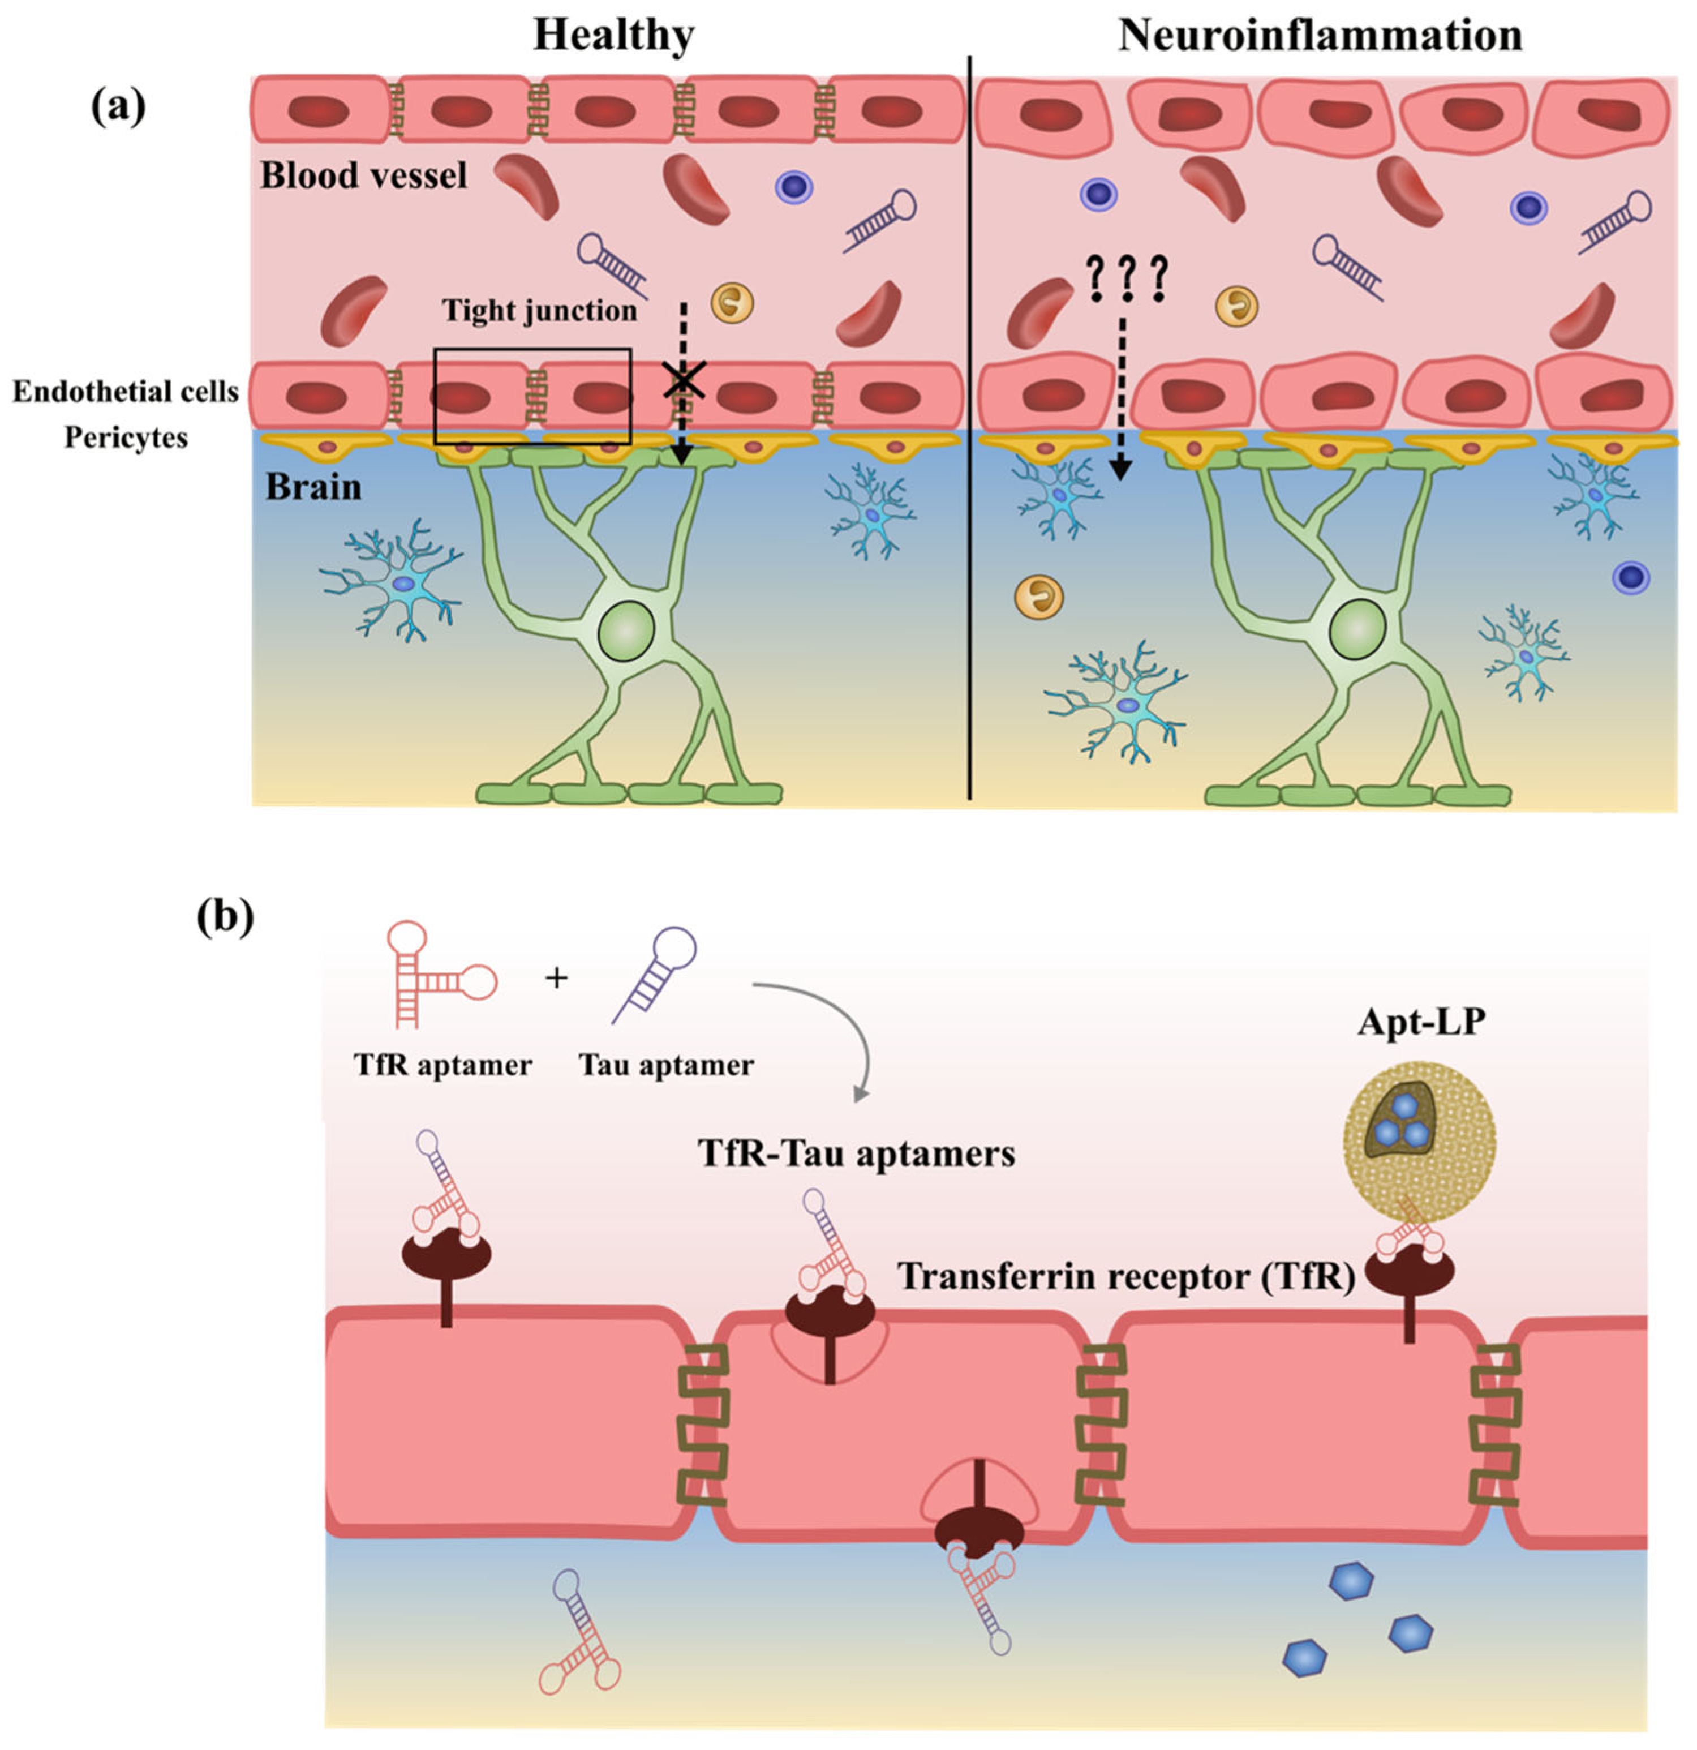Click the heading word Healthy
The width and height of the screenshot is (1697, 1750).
(x=613, y=36)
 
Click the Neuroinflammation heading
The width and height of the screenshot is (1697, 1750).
(x=1320, y=36)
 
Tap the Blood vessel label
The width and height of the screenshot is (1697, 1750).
(x=363, y=175)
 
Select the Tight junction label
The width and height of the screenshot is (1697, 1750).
(x=540, y=311)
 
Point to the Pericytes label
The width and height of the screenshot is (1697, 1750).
(x=126, y=437)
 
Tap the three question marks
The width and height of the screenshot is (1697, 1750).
(x=1127, y=277)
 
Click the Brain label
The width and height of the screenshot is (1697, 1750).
(x=313, y=487)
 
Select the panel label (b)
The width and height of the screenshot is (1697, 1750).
(x=225, y=917)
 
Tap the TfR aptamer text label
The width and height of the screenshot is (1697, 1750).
(x=442, y=1065)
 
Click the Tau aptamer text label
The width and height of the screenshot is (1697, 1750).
(x=666, y=1065)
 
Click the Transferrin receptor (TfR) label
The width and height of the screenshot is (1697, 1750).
(x=1127, y=1277)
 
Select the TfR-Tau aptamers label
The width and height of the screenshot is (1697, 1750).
(x=856, y=1153)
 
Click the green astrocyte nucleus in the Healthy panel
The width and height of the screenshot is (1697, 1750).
(x=628, y=629)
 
